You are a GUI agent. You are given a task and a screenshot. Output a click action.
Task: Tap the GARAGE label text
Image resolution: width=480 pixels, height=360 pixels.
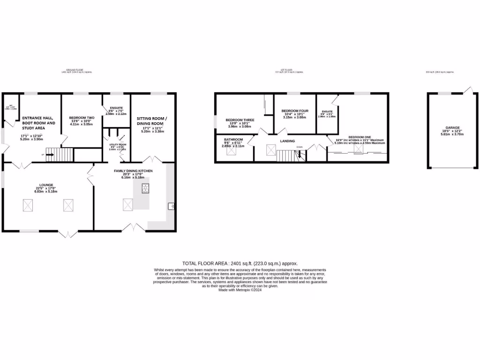pos(452,127)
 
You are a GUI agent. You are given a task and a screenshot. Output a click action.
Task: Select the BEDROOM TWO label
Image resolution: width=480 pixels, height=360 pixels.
pos(82,118)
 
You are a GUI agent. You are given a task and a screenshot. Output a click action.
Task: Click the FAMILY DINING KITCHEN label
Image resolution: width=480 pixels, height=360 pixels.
pos(134,171)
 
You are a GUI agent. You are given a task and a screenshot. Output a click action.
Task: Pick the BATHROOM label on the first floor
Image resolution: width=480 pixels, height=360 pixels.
pos(233,140)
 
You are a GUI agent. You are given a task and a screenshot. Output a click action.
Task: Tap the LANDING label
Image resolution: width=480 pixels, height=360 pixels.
pos(287,141)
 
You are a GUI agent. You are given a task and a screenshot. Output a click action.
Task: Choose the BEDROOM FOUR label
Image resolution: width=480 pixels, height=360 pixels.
pos(295,111)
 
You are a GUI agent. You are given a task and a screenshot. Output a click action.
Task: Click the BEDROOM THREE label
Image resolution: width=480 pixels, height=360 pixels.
pos(240,120)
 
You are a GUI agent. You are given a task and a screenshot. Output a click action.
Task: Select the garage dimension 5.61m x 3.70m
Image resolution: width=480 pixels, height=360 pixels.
pos(452,134)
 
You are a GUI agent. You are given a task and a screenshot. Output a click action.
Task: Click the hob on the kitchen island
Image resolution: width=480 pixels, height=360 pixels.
pos(145,188)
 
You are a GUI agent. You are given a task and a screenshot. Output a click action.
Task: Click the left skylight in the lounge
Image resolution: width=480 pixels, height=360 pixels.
pos(28,204)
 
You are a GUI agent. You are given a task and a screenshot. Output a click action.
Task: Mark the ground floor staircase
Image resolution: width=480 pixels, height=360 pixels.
pos(60,154)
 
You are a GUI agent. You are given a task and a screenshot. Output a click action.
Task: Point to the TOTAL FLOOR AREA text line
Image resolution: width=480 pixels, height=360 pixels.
pos(240,264)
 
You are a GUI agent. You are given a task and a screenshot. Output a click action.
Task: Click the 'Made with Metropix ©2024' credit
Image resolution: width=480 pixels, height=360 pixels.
pos(240,290)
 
